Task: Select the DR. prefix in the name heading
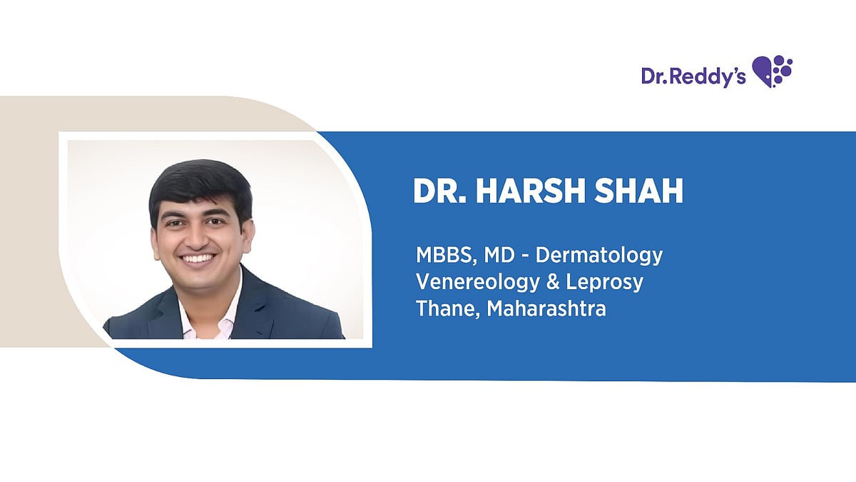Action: pyautogui.click(x=440, y=191)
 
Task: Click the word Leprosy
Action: pyautogui.click(x=605, y=282)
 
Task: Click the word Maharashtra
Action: pyautogui.click(x=547, y=310)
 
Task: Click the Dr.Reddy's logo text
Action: pyautogui.click(x=693, y=76)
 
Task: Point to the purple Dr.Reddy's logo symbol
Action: pyautogui.click(x=773, y=71)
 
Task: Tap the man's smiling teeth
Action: pyautogui.click(x=200, y=258)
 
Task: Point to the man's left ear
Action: pyautogui.click(x=248, y=233)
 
